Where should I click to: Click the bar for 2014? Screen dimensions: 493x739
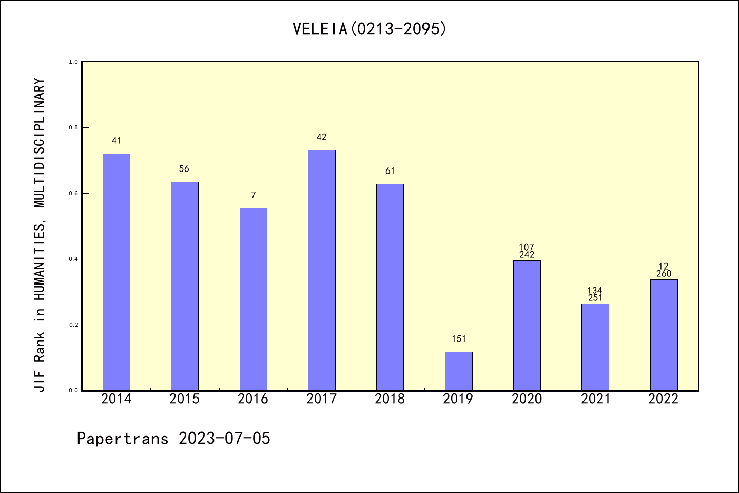click(116, 272)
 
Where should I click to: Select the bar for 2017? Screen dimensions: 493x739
click(322, 270)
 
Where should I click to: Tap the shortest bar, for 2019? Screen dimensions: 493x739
click(458, 371)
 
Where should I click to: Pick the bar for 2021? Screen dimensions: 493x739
click(595, 347)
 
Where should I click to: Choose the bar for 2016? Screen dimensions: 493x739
click(253, 299)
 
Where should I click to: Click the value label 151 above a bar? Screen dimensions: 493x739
click(459, 339)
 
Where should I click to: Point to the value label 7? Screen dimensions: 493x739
click(253, 195)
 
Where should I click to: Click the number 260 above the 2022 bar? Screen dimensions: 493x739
click(664, 274)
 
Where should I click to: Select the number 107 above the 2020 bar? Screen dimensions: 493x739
click(527, 248)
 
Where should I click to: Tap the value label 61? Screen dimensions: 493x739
click(390, 171)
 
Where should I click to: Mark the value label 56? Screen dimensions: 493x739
click(184, 169)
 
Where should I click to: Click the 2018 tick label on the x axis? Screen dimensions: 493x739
click(390, 399)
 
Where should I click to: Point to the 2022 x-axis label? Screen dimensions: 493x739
click(664, 399)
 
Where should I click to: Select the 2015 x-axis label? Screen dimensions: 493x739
click(184, 399)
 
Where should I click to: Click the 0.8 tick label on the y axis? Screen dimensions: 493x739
click(73, 127)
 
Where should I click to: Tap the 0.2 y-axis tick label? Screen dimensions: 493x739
click(73, 325)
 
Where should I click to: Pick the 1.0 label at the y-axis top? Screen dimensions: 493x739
click(73, 62)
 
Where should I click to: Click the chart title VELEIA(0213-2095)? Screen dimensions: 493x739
click(369, 29)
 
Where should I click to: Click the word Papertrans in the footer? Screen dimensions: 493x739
click(123, 439)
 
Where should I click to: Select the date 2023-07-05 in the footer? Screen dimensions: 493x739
click(224, 439)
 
